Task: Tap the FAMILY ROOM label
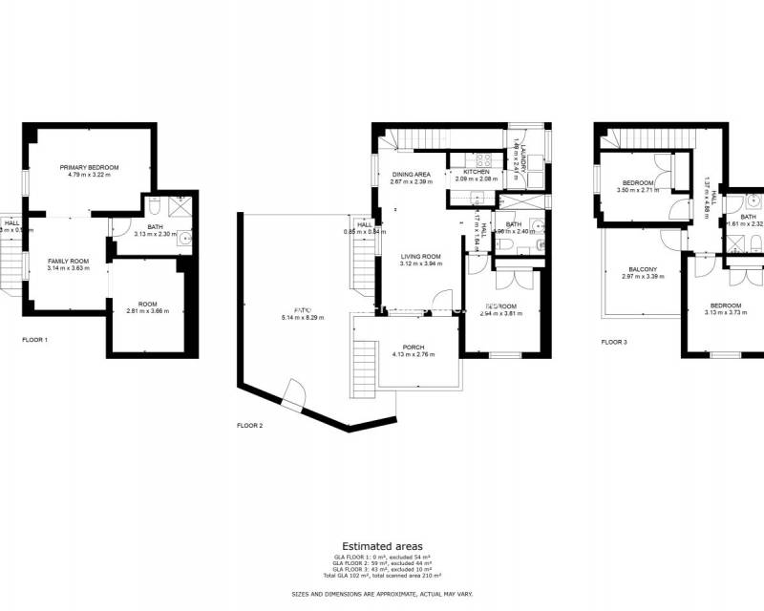pos(68,261)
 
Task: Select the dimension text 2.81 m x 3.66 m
pos(147,311)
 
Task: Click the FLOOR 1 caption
pos(35,340)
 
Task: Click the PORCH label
pos(414,348)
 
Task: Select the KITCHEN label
pos(477,172)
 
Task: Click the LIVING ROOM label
pos(419,256)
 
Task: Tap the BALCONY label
pos(642,269)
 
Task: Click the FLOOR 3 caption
pos(614,341)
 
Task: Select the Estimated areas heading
pos(382,546)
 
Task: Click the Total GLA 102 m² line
pos(382,577)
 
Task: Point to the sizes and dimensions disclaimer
pos(382,593)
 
